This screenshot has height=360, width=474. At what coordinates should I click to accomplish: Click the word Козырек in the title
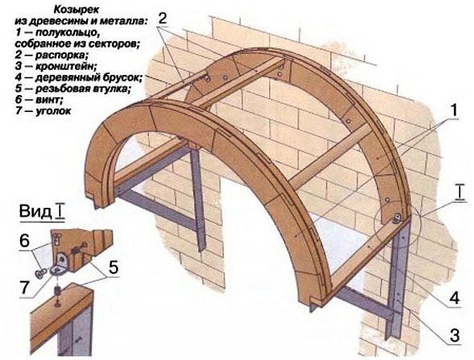(x=76, y=10)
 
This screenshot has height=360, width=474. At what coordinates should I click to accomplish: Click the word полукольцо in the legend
(x=67, y=32)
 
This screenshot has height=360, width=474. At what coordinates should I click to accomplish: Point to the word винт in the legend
(x=49, y=100)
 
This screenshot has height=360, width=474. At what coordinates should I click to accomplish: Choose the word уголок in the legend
(x=53, y=111)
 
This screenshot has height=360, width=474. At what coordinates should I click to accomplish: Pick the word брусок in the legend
(x=123, y=77)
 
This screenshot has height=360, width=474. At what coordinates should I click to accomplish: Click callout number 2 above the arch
(x=162, y=19)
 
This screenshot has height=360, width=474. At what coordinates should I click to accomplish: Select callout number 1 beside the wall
(x=452, y=110)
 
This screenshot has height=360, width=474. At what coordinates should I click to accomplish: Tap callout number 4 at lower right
(x=455, y=298)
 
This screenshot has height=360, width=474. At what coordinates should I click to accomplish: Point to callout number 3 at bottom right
(x=455, y=335)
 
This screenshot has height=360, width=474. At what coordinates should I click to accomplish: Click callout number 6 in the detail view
(x=24, y=241)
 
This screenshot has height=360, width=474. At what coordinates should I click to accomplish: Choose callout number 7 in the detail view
(x=24, y=288)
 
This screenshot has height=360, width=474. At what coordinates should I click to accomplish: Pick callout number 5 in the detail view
(x=114, y=267)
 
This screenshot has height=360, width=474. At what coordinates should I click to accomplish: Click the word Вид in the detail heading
(x=35, y=211)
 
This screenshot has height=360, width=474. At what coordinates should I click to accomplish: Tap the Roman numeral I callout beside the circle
(x=459, y=192)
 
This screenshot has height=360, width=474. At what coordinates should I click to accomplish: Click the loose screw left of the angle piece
(x=40, y=274)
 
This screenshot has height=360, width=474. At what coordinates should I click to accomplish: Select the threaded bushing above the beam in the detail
(x=56, y=292)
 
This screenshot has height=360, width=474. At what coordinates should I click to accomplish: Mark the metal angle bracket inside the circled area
(x=397, y=218)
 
